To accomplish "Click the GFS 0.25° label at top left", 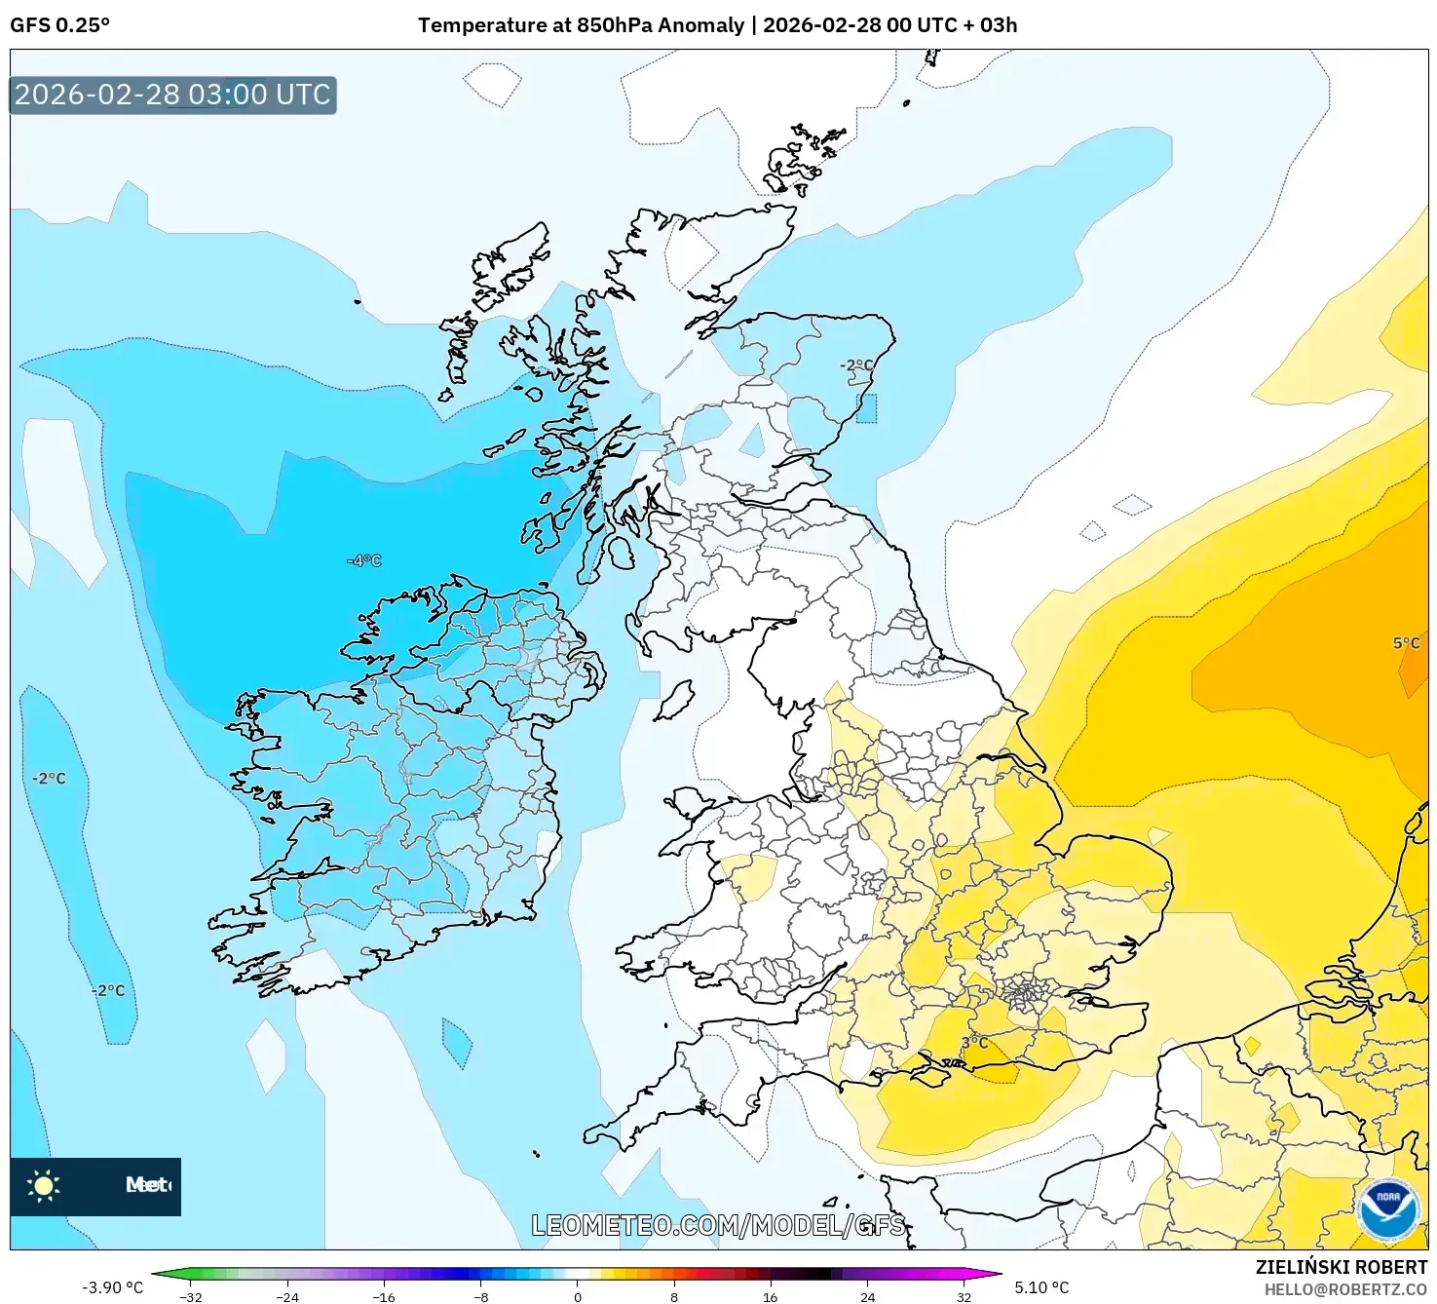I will pos(59,25).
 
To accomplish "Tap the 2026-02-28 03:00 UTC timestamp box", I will pos(172,96).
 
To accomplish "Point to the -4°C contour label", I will pos(364,560).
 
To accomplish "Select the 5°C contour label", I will pos(1406,643).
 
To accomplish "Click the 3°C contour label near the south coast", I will pos(974,1042).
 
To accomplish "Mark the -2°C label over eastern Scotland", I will pos(857,365).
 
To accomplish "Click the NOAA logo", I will pos(1387,1209).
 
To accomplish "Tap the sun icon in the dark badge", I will pos(44,1186).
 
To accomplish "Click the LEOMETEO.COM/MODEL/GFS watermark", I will pos(718,1225).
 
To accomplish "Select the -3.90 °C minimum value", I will pos(112,1287).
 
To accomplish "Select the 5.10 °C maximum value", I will pos(1041,1287).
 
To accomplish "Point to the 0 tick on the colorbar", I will pos(578,1296).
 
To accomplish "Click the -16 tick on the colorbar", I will pos(385,1296).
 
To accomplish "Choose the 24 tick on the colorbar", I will pos(867,1296).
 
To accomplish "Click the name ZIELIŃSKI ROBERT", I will pos(1341,1268).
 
